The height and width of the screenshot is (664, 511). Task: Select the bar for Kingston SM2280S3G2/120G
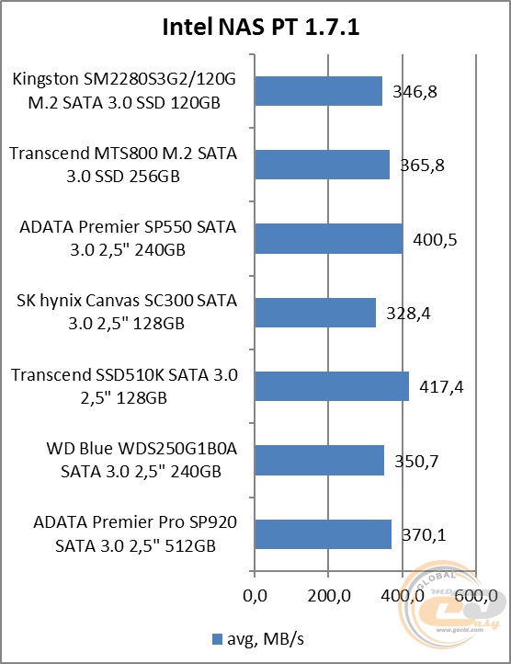tap(317, 91)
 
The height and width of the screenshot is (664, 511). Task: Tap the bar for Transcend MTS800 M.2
tap(322, 165)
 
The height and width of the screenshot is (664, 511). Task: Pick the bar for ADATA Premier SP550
tap(328, 238)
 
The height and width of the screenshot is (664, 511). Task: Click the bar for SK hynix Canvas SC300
tap(314, 313)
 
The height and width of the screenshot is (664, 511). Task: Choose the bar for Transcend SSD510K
tap(331, 386)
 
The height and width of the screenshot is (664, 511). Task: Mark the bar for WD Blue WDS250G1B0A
tap(318, 460)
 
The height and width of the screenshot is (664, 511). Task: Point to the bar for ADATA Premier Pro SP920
tap(322, 534)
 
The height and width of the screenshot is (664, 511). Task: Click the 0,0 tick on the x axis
tap(254, 596)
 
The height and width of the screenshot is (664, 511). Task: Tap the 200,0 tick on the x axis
tap(328, 596)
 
